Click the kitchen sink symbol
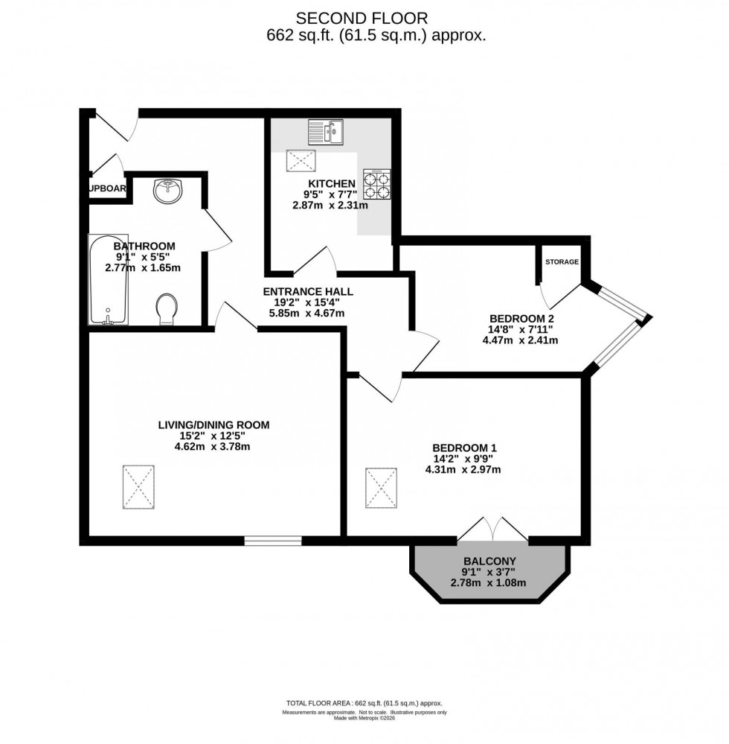[326, 132]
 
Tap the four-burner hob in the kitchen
[377, 184]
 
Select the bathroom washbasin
[167, 191]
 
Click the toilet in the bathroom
[167, 308]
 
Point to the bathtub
[109, 280]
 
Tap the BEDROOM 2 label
[520, 317]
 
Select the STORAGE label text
[562, 262]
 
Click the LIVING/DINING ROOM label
[213, 425]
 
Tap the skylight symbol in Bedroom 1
[382, 489]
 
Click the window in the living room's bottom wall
[272, 541]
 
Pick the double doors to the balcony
[492, 530]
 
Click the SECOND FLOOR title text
[362, 17]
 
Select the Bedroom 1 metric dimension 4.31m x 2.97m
[463, 470]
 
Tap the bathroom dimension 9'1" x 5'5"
[144, 256]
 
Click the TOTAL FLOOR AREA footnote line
[364, 702]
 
